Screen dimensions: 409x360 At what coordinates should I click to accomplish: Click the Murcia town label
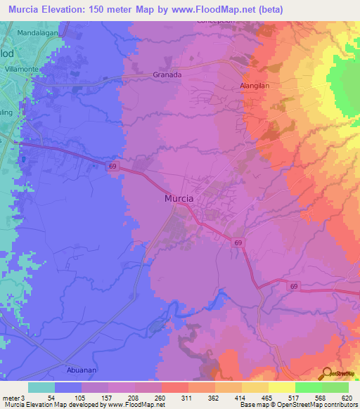click(x=179, y=199)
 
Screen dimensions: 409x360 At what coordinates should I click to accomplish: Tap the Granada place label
click(x=167, y=74)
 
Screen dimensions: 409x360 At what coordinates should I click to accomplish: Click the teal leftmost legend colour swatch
click(x=41, y=387)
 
